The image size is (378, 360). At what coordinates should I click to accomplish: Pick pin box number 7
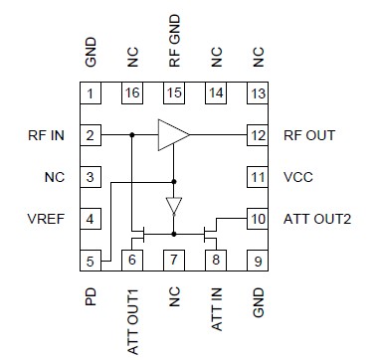pos(174,261)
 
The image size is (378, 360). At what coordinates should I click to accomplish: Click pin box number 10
pos(258,218)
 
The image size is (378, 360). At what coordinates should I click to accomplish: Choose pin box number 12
pos(258,134)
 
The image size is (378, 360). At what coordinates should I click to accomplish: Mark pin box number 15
pos(174,94)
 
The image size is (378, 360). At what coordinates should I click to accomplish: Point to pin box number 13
pos(258,94)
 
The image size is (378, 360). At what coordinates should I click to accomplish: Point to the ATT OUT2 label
pos(316,218)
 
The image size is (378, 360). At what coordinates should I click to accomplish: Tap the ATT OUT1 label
pos(132,314)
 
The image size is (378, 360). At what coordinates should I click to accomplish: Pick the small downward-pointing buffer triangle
pos(174,206)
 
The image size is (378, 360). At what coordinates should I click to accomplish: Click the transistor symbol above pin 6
pos(140,236)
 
